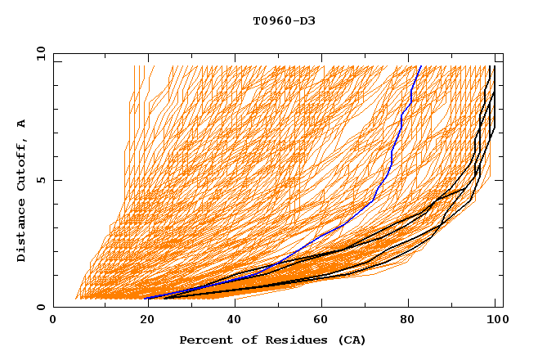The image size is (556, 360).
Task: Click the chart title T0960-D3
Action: [x=284, y=20]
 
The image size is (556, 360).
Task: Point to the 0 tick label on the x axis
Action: [x=53, y=320]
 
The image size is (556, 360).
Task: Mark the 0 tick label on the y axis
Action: [x=40, y=307]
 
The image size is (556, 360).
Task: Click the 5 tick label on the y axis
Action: [x=40, y=180]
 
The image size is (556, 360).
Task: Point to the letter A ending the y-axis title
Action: [x=21, y=124]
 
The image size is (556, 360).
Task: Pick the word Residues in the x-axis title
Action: [x=293, y=340]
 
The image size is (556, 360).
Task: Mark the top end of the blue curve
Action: [x=419, y=66]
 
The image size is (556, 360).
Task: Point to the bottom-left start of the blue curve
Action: [x=147, y=299]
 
